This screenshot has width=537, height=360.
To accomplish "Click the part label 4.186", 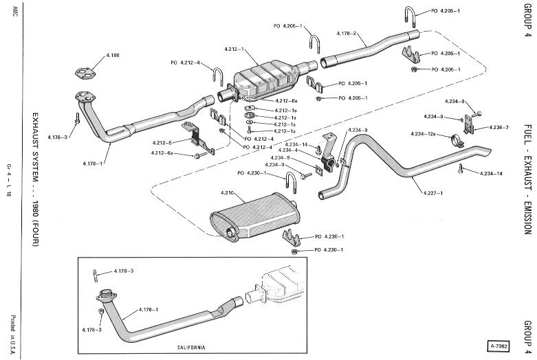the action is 113,55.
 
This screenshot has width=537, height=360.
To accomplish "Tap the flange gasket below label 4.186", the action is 85,74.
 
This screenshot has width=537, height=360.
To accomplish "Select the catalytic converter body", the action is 265,80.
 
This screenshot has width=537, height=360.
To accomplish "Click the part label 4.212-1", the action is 234,49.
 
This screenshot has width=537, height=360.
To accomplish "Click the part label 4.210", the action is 227,192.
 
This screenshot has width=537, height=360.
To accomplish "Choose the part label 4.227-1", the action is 433,193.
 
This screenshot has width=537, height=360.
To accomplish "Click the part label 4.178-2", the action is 347,33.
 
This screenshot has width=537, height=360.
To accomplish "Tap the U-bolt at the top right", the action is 410,16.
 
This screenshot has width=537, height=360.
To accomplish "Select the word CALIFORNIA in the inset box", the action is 191,348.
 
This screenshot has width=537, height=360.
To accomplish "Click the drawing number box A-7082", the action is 498,346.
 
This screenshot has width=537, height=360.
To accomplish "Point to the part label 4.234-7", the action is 498,128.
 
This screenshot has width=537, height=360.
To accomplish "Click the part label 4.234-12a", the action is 423,134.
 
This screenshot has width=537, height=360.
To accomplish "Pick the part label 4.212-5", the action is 162,142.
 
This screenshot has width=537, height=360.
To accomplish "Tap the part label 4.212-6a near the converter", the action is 286,101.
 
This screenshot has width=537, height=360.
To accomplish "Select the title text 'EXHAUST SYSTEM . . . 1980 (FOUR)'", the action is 36,180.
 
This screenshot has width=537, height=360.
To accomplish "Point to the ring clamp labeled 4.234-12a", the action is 457,141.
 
